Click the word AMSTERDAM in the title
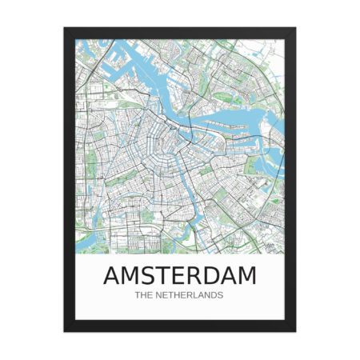[180, 276]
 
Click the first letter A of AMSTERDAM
[114, 276]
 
